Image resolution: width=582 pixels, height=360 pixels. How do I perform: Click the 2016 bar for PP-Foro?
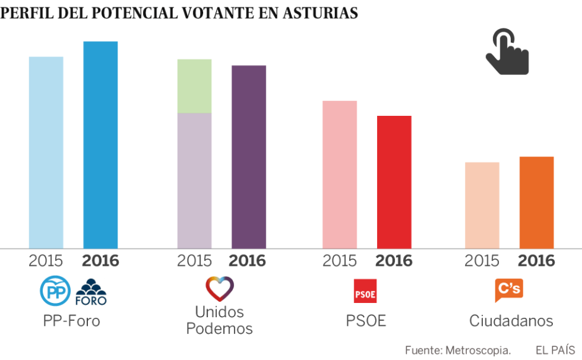(x=100, y=146)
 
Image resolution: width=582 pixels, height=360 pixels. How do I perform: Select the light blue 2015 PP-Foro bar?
(x=46, y=153)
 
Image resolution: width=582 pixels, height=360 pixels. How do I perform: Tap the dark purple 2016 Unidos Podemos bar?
(x=248, y=157)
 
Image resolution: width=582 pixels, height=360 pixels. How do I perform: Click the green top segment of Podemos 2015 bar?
(x=194, y=86)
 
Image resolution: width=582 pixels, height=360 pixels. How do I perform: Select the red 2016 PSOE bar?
(x=394, y=182)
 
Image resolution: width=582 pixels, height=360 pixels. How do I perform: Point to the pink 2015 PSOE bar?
(x=339, y=175)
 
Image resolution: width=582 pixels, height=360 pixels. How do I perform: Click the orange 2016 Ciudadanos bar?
(x=536, y=203)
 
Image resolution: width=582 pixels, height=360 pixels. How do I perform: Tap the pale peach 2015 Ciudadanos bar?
(x=482, y=206)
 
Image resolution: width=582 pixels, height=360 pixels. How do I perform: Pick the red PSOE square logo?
(x=365, y=291)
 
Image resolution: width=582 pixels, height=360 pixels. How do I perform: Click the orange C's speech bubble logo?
(x=509, y=290)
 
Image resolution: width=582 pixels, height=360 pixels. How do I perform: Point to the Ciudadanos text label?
(x=511, y=321)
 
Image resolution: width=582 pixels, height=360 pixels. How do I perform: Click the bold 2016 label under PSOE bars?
(x=394, y=261)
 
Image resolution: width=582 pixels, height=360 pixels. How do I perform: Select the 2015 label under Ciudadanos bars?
(x=482, y=261)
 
